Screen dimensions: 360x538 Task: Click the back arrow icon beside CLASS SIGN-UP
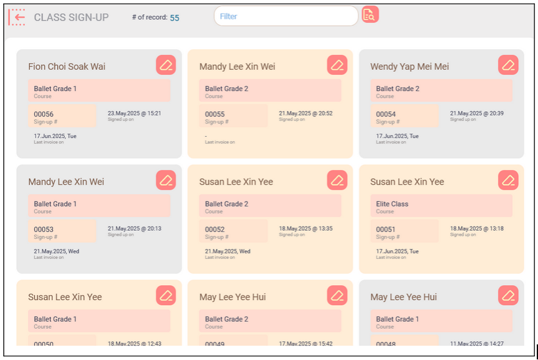[x=17, y=17]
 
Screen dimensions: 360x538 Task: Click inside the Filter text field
[x=286, y=16]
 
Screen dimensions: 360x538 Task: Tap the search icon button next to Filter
[x=370, y=15]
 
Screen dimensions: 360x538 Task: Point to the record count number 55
[x=175, y=17]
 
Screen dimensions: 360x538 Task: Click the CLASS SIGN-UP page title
[x=71, y=17]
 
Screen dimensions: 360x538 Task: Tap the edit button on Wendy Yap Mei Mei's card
[x=508, y=65]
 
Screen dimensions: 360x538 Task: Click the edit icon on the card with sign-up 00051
[x=508, y=180]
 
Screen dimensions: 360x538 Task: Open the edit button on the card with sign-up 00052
[x=337, y=180]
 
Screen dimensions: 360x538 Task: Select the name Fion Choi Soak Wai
[x=67, y=67]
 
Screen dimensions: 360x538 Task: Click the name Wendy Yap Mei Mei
[x=410, y=67]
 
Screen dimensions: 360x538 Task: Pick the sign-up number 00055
[x=214, y=114]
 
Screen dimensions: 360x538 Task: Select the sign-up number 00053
[x=44, y=229]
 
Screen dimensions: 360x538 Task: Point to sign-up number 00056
[x=44, y=114]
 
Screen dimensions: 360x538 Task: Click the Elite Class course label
[x=392, y=204]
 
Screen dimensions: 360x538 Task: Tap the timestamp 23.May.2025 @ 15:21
[x=134, y=114]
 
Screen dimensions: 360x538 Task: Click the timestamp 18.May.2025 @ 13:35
[x=305, y=228]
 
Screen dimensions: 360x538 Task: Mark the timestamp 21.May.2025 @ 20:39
[x=477, y=114]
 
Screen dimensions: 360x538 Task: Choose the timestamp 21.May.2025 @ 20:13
[x=134, y=228]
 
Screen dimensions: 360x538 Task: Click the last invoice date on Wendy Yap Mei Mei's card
[x=397, y=136]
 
